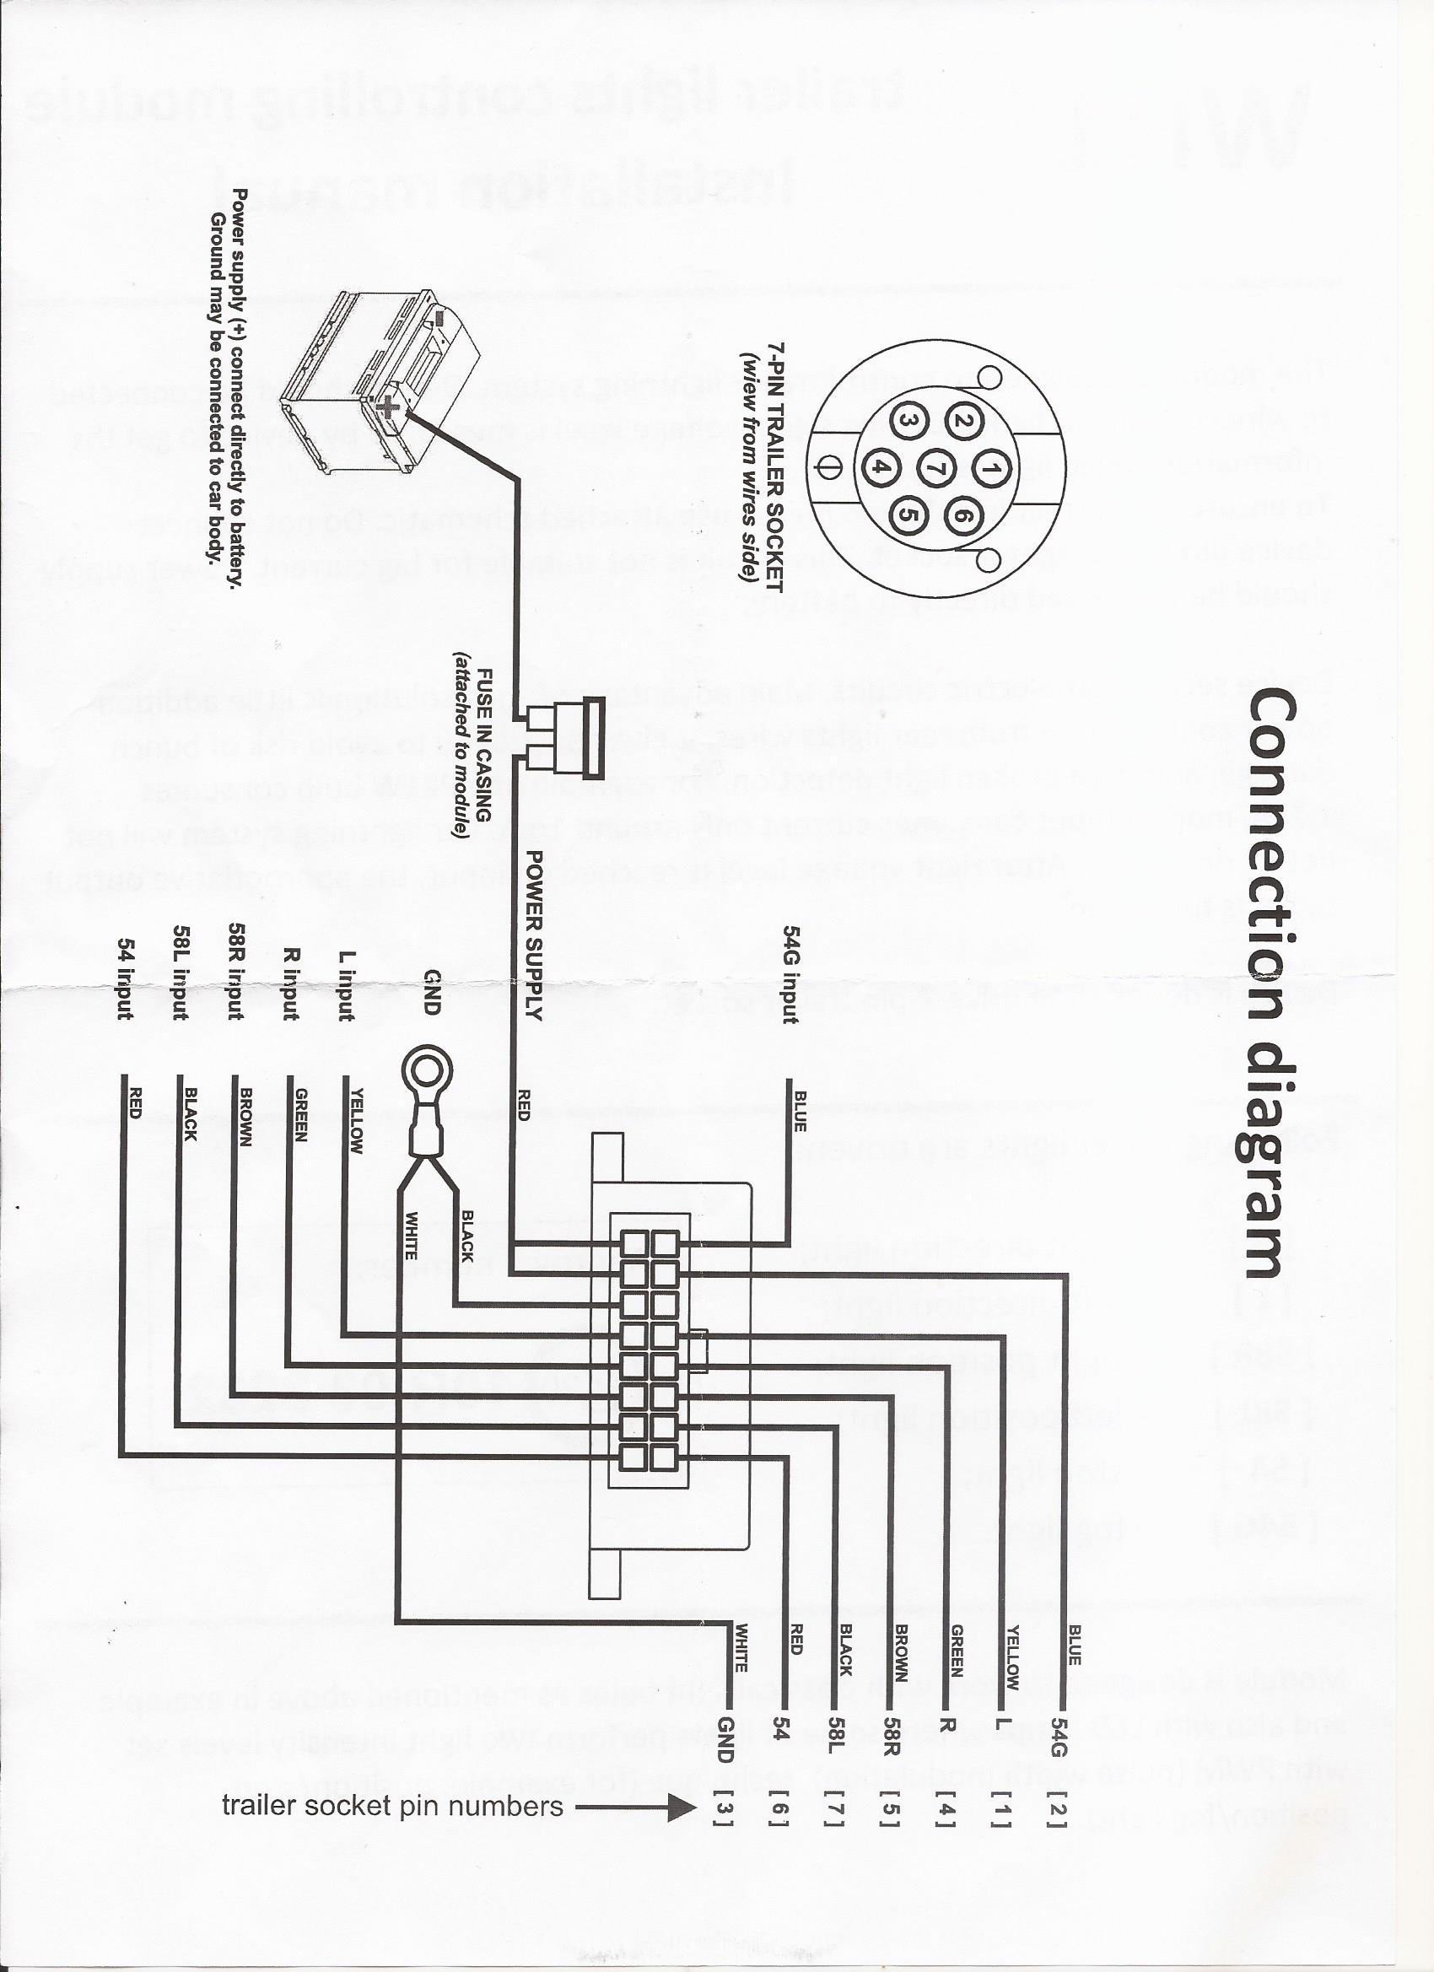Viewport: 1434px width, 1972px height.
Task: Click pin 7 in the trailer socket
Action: (x=937, y=470)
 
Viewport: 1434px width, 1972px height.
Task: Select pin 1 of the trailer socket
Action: (x=988, y=471)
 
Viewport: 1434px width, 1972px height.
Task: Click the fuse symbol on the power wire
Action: (x=565, y=738)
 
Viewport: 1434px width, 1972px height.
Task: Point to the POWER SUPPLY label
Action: (x=535, y=935)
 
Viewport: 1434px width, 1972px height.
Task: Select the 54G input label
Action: (x=790, y=973)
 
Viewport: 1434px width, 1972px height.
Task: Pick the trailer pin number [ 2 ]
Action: (x=1057, y=1782)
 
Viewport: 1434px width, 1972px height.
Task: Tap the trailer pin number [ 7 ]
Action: (x=837, y=1782)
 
